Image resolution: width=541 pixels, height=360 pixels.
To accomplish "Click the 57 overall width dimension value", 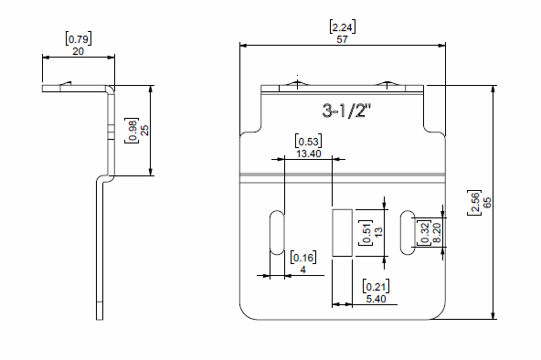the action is pos(342,39).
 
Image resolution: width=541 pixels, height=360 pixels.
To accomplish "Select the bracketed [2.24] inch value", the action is pos(343,26).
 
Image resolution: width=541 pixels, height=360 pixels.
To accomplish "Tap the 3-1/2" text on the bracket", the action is pos(346,111).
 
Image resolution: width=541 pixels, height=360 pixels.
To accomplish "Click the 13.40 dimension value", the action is pos(309,154).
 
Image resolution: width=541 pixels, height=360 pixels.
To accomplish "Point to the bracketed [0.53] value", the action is pos(309,142).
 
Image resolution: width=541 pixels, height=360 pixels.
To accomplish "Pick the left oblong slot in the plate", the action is pos(277,232).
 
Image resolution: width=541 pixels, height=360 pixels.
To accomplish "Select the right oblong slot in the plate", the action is pos(408,232).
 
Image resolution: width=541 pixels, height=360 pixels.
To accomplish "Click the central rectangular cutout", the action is pos(343,233).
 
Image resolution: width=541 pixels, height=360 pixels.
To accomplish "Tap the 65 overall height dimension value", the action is pos(487,203).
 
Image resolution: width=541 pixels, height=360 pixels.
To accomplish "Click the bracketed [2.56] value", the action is pos(475,203).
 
